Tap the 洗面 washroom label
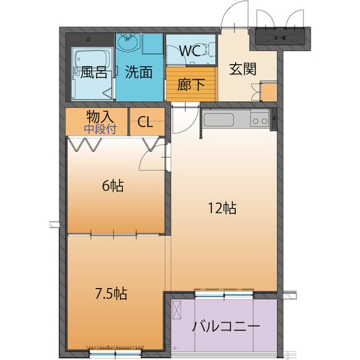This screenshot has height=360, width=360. tap(139, 73)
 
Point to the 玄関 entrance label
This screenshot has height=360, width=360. tap(243, 68)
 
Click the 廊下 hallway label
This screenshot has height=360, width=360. tap(191, 85)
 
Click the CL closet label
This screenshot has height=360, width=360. tap(145, 122)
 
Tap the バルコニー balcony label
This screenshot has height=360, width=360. tap(226, 327)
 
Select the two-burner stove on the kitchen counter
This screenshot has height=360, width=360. tap(260, 121)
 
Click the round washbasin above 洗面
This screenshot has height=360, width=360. tap(128, 44)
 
